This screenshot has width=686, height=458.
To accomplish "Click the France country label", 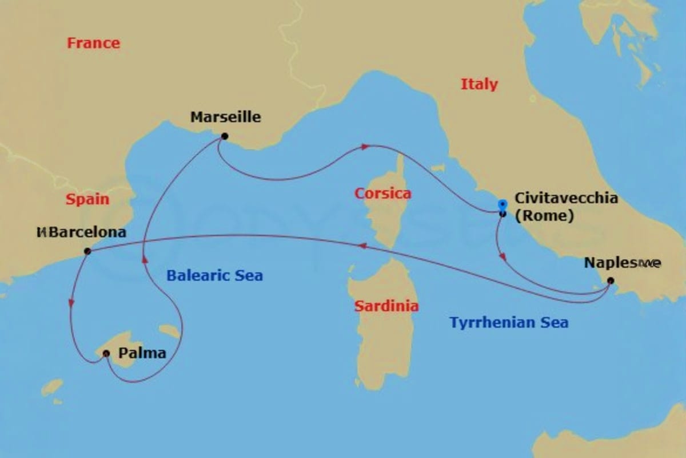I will tap(93, 43).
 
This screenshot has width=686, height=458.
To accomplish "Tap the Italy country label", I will tap(479, 84).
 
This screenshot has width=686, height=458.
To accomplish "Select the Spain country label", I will tap(87, 199).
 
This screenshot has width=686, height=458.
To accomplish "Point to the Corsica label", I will tap(382, 193).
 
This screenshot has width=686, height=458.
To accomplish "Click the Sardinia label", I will tap(386, 306).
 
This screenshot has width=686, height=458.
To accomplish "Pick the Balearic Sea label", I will tap(214, 275).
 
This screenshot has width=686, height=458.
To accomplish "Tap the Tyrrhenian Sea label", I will tap(509, 322).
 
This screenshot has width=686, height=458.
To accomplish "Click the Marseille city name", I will tap(225, 117).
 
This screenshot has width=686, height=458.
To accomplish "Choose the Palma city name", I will tap(142, 353).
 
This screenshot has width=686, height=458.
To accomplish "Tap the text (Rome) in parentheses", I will tap(544, 217).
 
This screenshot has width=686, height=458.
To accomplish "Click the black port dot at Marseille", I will tap(224, 136).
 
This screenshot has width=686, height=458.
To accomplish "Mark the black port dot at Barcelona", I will tap(87, 251).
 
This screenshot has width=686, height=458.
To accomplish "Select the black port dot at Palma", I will tap(106, 354).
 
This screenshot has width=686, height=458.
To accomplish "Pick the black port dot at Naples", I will tap(610, 281).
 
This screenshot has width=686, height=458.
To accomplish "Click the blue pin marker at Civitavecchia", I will tap(502, 204).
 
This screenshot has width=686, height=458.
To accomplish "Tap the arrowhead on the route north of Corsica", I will tap(364, 147).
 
